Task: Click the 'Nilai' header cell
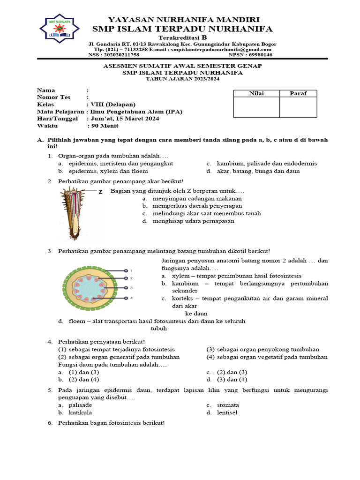[x=256, y=93]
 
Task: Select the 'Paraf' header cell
[x=298, y=93]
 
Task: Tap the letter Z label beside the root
[x=100, y=192]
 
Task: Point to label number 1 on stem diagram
[x=131, y=270]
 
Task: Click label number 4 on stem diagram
[x=131, y=298]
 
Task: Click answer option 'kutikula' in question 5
[x=80, y=412]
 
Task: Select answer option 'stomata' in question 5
[x=228, y=405]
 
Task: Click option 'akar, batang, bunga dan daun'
[x=258, y=171]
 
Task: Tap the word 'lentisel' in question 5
[x=227, y=412]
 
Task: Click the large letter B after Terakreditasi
[x=204, y=37]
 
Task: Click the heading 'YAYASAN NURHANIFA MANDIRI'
[x=184, y=19]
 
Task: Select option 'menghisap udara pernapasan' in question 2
[x=194, y=221]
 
